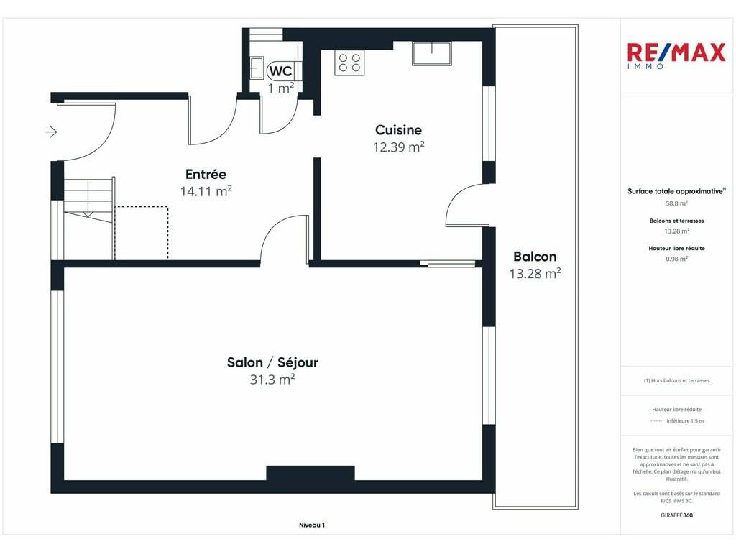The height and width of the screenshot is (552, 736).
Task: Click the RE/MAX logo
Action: coord(676,55)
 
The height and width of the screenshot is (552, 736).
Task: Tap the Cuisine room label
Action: coord(398,130)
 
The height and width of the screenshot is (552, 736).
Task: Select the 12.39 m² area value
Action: coord(398,147)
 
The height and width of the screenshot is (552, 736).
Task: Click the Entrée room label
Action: coord(206,174)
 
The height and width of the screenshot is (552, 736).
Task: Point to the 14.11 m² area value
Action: coord(206,191)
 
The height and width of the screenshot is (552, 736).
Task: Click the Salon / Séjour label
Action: coord(272,362)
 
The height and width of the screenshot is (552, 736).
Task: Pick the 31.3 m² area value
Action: coord(272,379)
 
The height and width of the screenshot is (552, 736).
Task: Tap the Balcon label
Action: coord(535,257)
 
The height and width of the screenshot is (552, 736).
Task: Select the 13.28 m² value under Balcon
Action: coord(535,273)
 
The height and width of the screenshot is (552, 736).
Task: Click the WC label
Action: coord(281,71)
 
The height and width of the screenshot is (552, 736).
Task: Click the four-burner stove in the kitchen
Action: coord(350,63)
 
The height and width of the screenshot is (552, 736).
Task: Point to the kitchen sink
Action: coord(432,53)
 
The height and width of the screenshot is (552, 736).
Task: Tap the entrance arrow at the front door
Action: coord(51,132)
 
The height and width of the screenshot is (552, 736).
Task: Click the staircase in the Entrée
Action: coord(88,201)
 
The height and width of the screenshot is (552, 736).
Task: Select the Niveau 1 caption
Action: coord(312,525)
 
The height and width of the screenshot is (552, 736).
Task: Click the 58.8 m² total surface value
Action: coord(676,203)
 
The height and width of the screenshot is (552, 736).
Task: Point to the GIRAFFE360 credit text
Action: coord(676,515)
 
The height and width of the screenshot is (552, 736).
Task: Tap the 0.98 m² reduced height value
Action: coord(676,258)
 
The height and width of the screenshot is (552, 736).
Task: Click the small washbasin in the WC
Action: coord(257,68)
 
